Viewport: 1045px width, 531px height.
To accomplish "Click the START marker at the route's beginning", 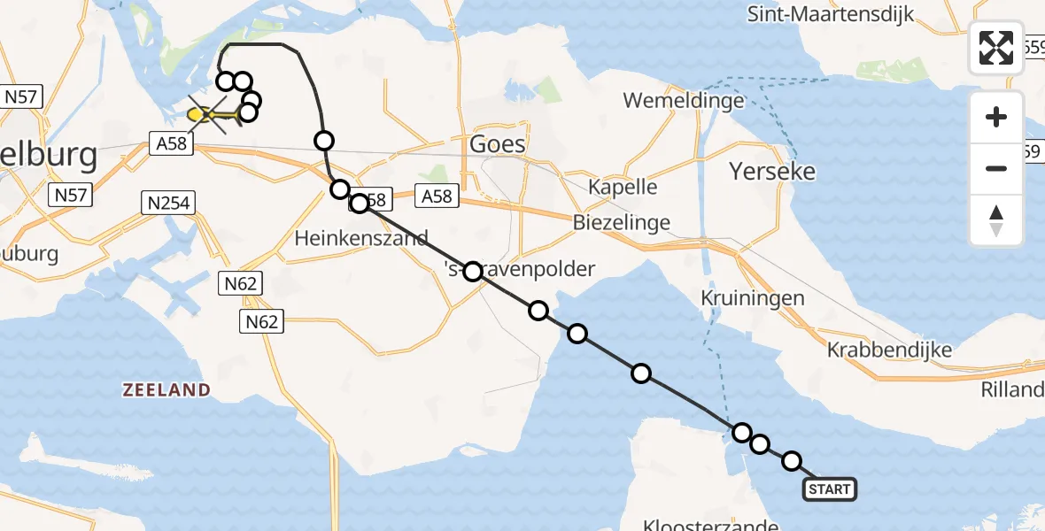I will point(830,489).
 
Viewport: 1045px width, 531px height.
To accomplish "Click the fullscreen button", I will point(996,48).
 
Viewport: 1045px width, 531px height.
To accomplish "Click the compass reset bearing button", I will point(996,221).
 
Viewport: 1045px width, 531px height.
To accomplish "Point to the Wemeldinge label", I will point(684,100).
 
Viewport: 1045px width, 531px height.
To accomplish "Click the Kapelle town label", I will point(623,187).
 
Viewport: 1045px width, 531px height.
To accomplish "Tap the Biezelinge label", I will point(623,222).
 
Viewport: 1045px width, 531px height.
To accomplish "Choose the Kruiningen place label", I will point(753,298).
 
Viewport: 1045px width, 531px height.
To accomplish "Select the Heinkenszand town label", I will point(360,237).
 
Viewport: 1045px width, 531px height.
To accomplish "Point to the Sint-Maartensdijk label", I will point(831,14).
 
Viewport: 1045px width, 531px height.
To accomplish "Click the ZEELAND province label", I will point(166,390).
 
